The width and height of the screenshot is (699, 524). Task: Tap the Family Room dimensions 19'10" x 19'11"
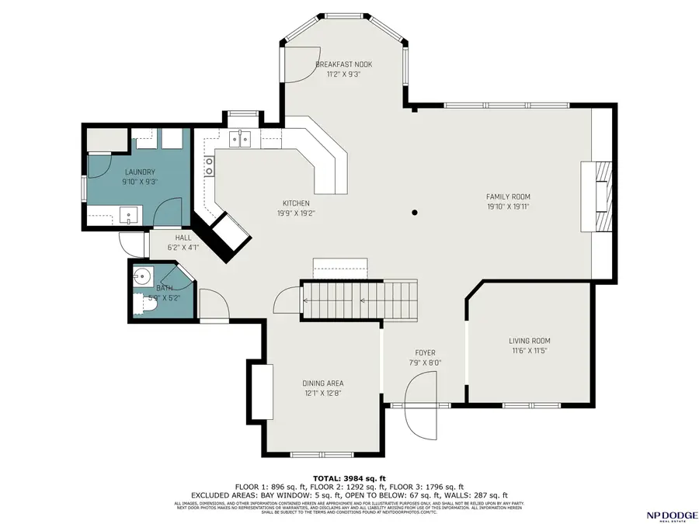click(x=508, y=206)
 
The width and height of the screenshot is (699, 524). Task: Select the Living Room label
click(x=529, y=341)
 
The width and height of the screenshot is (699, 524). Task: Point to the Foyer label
click(x=425, y=352)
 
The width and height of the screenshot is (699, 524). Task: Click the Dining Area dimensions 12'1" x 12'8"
click(x=322, y=393)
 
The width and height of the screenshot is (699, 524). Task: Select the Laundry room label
click(x=140, y=172)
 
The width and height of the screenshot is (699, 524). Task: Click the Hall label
click(x=183, y=238)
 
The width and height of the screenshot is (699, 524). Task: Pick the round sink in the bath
click(x=142, y=276)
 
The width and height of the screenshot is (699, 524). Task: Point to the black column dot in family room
click(x=416, y=212)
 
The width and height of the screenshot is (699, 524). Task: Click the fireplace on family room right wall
click(x=599, y=196)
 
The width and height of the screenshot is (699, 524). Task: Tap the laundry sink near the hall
click(x=128, y=214)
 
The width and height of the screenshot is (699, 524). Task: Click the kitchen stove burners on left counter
click(x=209, y=165)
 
